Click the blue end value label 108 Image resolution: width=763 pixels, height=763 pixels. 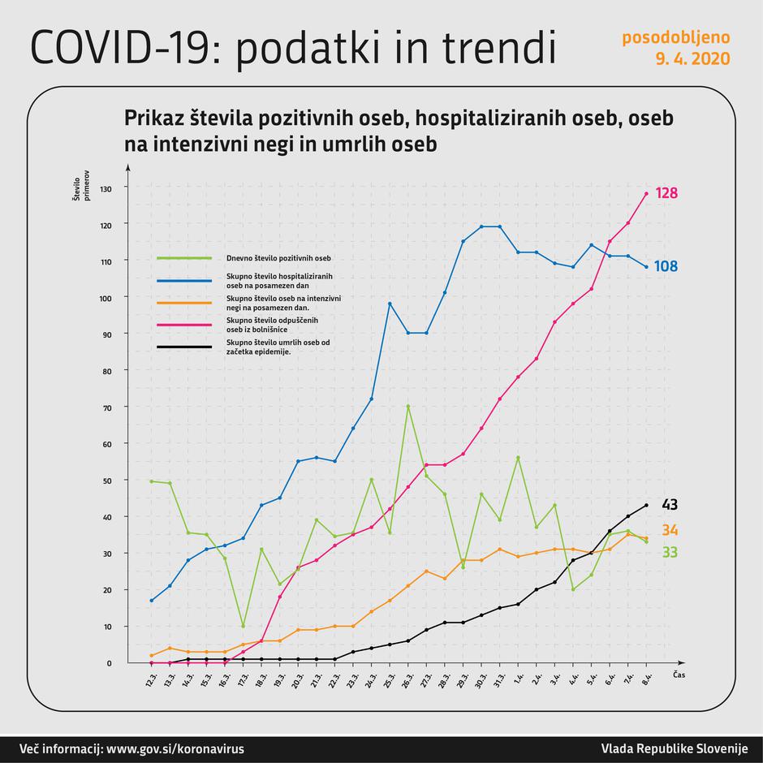click(666, 266)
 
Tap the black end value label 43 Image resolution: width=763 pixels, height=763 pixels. click(670, 505)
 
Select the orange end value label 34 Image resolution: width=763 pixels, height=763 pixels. click(670, 531)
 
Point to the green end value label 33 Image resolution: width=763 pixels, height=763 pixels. click(670, 553)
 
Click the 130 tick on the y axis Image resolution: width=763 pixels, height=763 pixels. click(106, 188)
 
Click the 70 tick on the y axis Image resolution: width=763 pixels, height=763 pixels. click(107, 407)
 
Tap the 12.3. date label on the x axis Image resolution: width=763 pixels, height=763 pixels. click(151, 682)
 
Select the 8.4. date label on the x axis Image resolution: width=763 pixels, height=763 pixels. click(646, 682)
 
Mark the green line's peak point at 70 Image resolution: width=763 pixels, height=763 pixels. click(407, 406)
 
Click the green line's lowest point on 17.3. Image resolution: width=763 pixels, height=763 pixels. click(243, 626)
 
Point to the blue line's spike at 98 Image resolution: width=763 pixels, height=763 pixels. click(390, 304)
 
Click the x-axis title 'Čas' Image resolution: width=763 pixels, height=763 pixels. click(679, 675)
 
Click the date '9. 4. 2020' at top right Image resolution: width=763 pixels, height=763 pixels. click(692, 59)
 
